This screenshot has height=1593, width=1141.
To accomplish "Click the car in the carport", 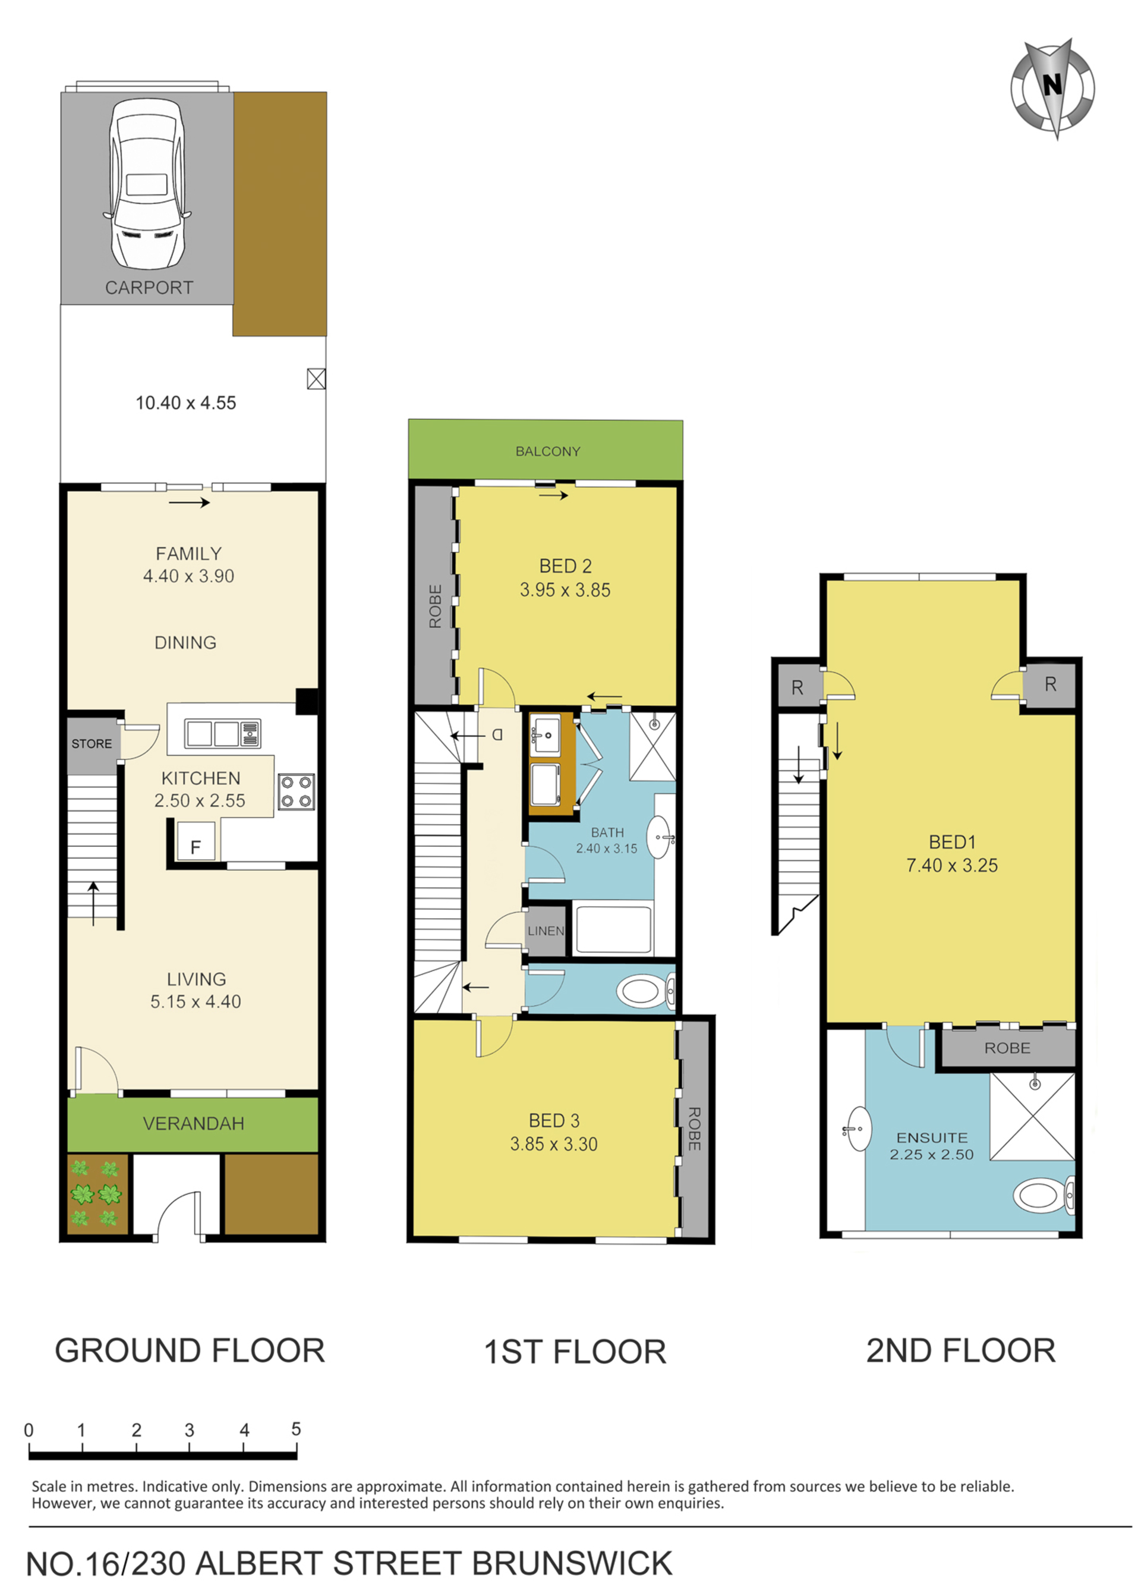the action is click(x=147, y=184).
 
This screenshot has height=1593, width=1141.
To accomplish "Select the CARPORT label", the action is click(x=149, y=287).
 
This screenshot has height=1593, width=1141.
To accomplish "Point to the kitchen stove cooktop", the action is click(x=295, y=791).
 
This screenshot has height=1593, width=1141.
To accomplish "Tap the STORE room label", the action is click(x=92, y=744).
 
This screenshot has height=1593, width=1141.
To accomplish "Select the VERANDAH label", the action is click(x=194, y=1124).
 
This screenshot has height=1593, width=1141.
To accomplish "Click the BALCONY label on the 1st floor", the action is click(x=548, y=452).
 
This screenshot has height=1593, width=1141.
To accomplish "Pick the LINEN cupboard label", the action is click(x=546, y=931).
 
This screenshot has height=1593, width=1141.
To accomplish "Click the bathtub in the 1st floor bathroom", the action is click(x=613, y=929).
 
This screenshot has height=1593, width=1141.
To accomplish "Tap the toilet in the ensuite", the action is click(x=1044, y=1194).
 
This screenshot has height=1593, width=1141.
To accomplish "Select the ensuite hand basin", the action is click(x=858, y=1129).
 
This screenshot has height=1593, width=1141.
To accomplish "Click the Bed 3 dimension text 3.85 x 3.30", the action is click(x=553, y=1144).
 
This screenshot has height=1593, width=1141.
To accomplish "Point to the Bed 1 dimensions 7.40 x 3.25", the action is click(x=951, y=865).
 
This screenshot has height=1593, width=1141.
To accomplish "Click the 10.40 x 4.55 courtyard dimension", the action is click(x=185, y=403).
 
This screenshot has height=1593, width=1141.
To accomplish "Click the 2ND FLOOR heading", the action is click(x=960, y=1350).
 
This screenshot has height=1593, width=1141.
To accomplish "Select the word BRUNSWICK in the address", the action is click(x=572, y=1563).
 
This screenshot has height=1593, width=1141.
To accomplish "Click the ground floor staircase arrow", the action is click(x=93, y=903).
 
